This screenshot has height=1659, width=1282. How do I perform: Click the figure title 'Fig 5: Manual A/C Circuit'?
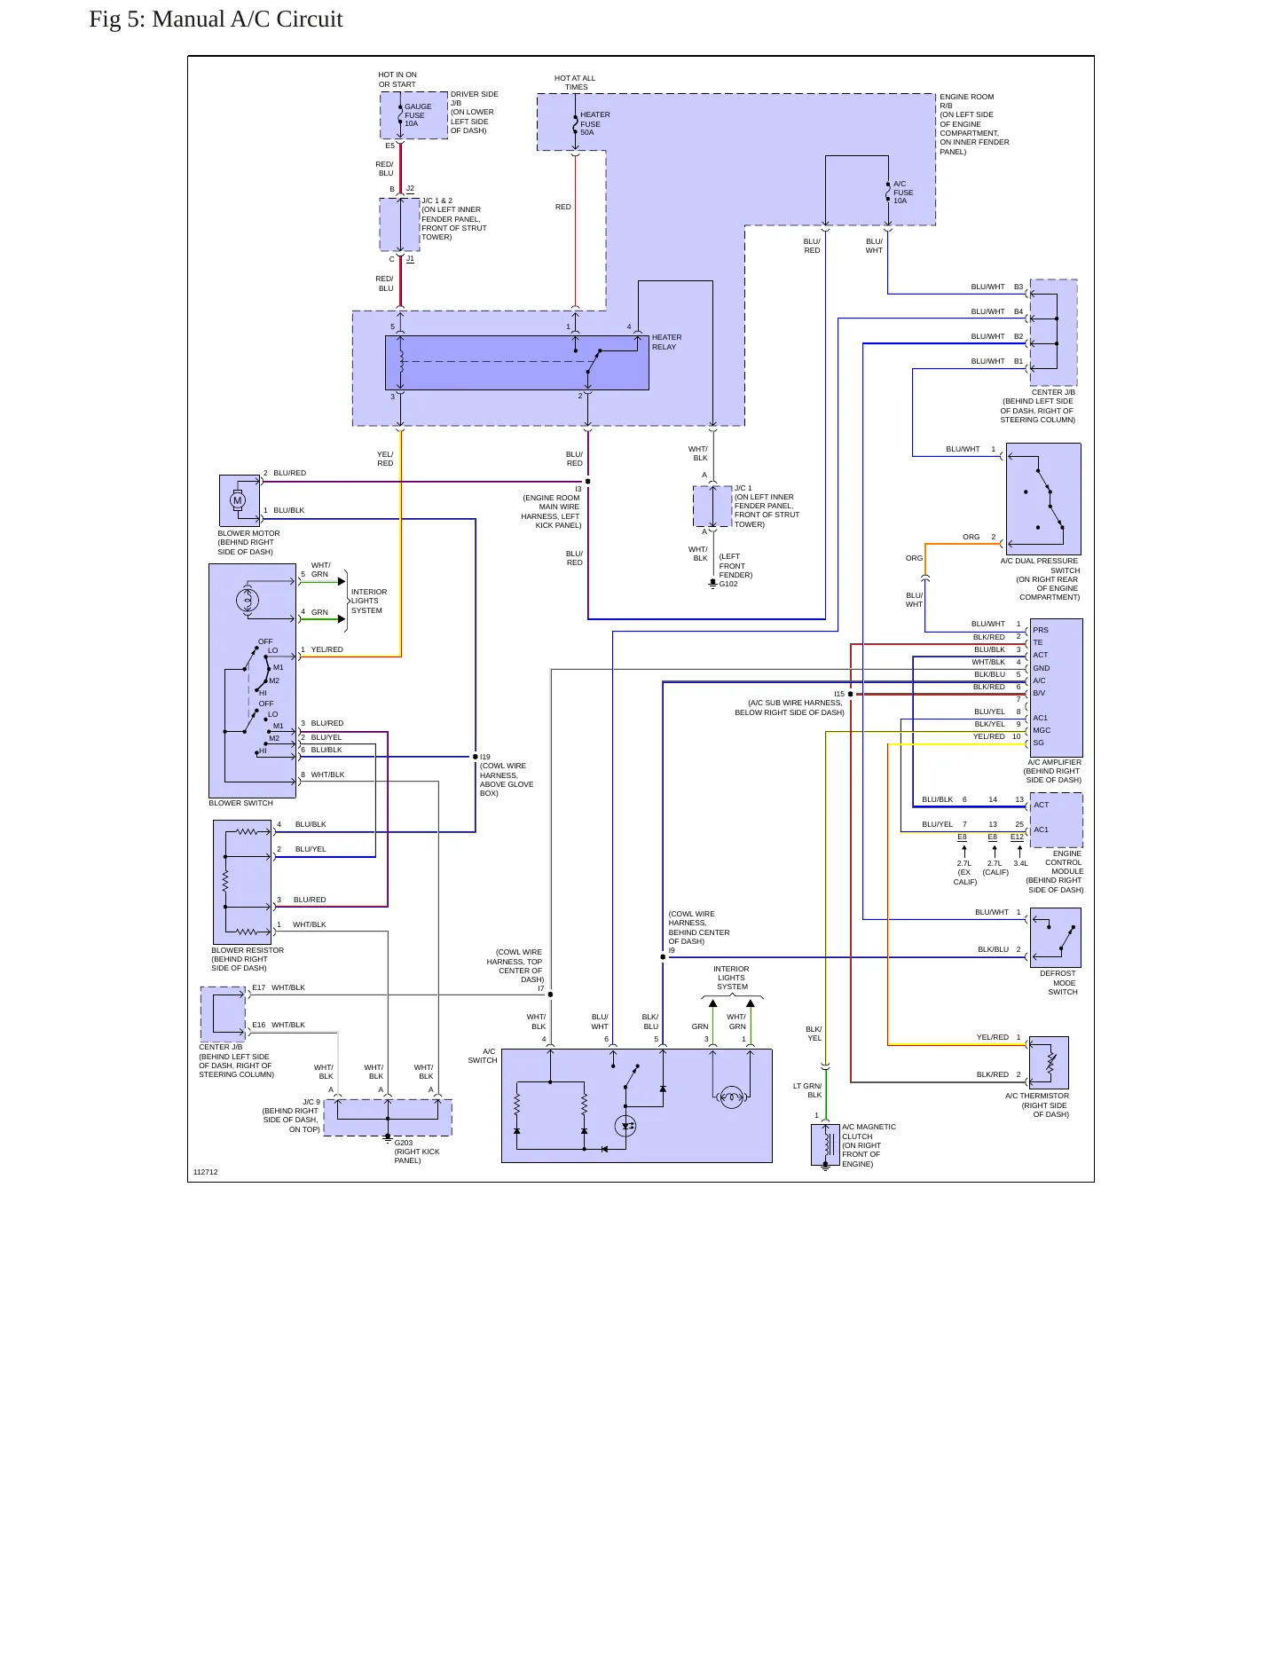tap(216, 20)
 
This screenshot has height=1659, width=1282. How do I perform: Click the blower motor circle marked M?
tap(237, 500)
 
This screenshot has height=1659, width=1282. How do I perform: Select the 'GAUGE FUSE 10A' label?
tap(418, 115)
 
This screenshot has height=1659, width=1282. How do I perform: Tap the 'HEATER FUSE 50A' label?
tap(595, 123)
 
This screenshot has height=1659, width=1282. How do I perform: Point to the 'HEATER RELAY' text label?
tap(667, 342)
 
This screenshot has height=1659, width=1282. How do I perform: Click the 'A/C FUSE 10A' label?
tap(903, 193)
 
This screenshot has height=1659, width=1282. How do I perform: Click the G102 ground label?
tap(728, 584)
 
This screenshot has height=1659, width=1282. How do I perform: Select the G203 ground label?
tap(404, 1143)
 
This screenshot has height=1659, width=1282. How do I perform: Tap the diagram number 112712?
tap(205, 1172)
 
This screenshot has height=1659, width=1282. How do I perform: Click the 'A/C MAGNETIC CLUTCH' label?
tap(869, 1132)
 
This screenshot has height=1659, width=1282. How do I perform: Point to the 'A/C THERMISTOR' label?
tap(1037, 1096)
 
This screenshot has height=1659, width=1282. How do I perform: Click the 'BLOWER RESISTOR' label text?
tap(248, 950)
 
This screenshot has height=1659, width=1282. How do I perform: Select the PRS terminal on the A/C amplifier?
tap(1041, 630)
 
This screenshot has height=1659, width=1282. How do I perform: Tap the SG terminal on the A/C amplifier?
tap(1038, 743)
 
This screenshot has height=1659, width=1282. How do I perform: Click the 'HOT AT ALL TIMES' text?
tap(575, 83)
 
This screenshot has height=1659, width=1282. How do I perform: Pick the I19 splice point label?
tap(485, 757)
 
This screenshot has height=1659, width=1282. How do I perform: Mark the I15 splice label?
tap(839, 694)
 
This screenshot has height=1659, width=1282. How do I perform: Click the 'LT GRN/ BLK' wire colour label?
tap(807, 1090)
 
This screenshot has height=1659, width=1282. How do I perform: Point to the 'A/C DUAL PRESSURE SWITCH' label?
tap(1040, 565)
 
